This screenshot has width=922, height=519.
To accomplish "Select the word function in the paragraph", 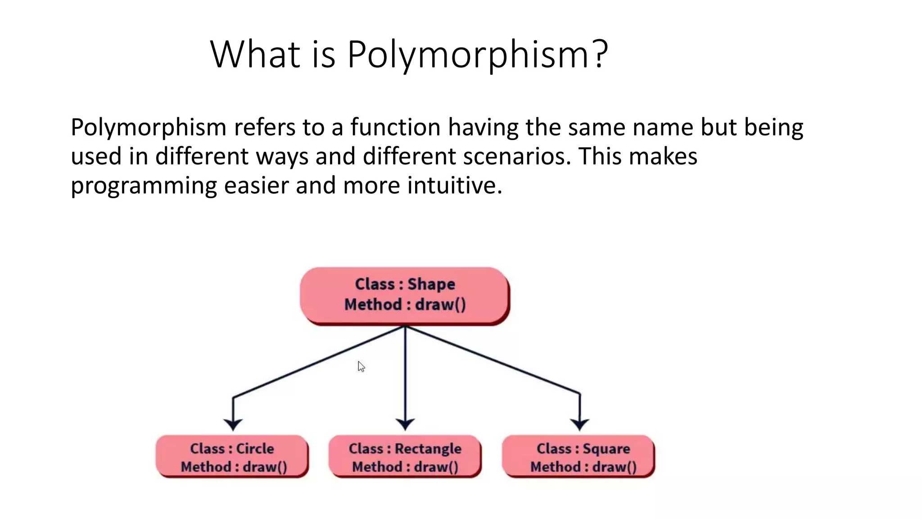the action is click(395, 127).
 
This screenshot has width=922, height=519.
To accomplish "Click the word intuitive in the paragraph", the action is click(454, 186).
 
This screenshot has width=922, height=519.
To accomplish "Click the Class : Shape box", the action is click(405, 295).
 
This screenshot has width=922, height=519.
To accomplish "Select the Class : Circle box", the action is click(232, 456).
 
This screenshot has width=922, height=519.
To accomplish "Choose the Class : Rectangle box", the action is click(405, 456).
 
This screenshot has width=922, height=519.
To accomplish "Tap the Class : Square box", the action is click(578, 456).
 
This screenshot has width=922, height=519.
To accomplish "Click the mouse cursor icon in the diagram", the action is click(361, 366).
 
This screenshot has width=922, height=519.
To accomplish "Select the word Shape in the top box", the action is click(431, 285).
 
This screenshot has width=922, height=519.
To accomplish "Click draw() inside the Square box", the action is click(614, 467).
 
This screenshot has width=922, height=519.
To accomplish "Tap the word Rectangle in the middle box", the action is click(428, 449).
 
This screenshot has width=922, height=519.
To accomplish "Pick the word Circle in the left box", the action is click(255, 449).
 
